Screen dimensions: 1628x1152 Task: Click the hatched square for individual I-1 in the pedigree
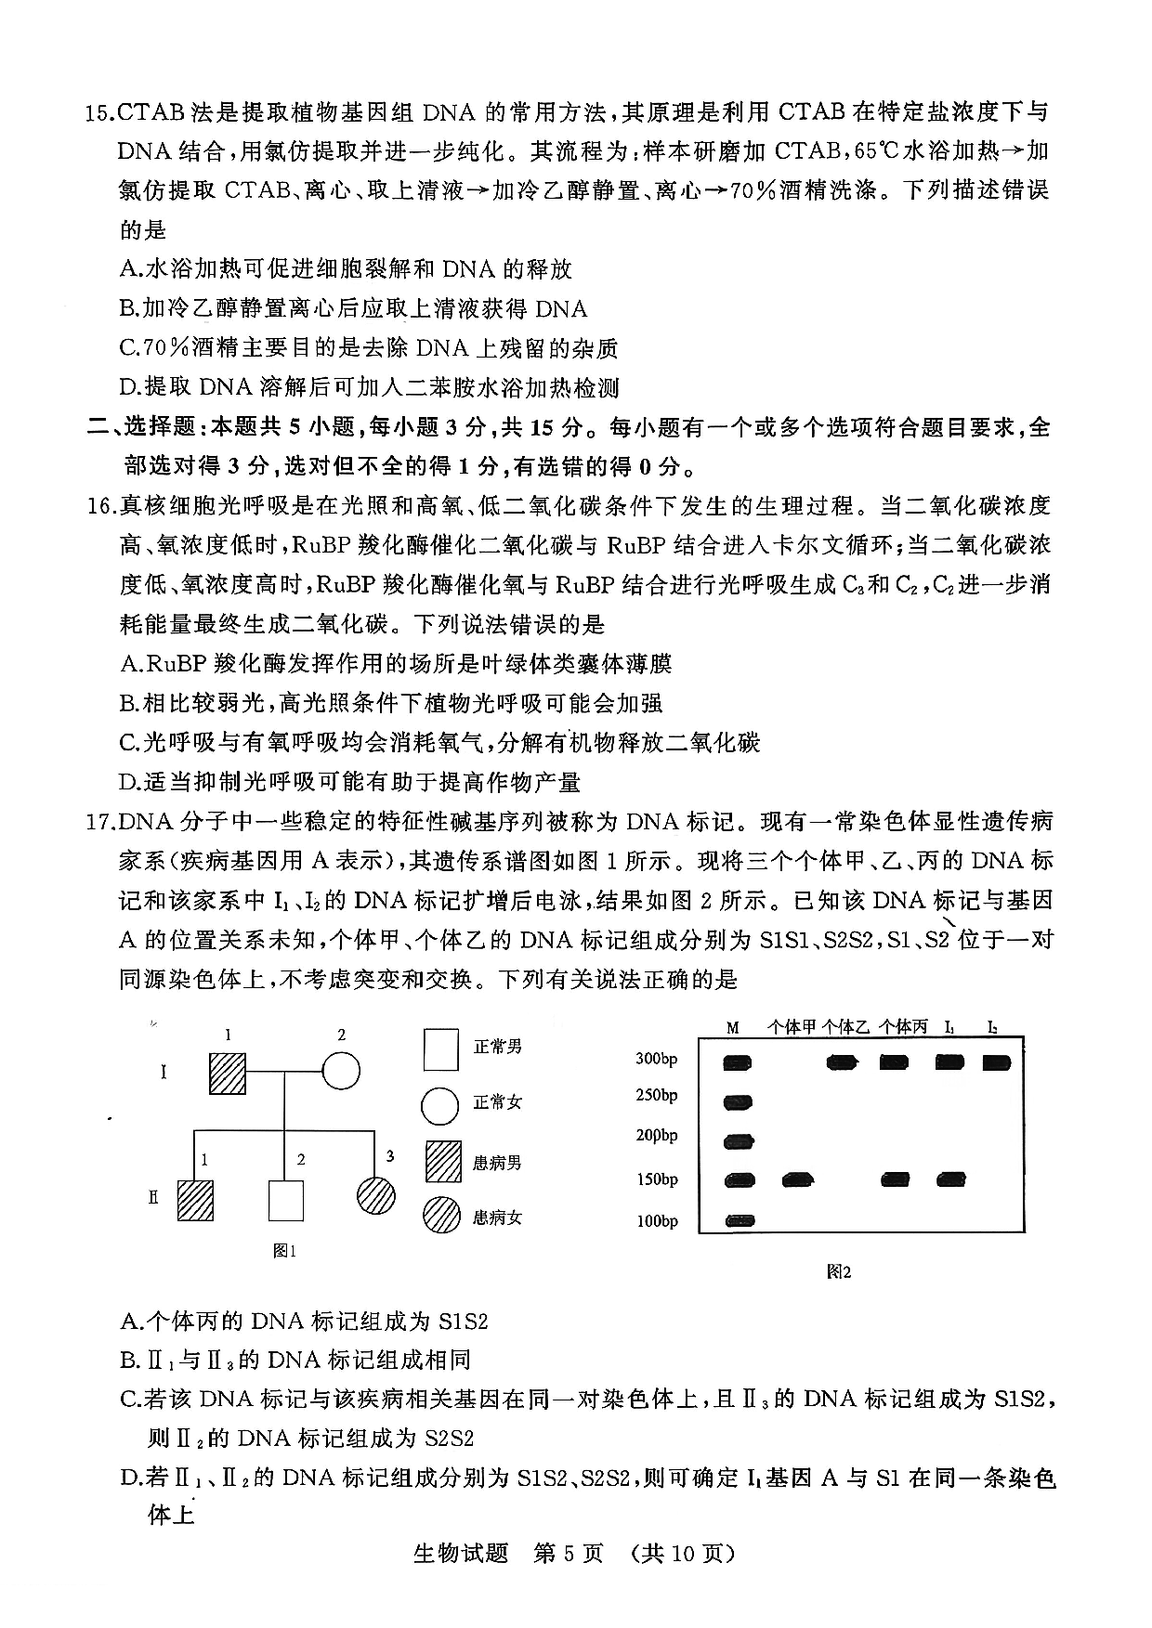click(x=228, y=1072)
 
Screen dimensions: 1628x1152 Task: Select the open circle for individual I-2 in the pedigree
click(x=340, y=1072)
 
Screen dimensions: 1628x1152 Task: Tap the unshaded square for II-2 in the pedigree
click(x=285, y=1200)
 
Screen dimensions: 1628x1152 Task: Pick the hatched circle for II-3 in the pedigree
click(x=377, y=1194)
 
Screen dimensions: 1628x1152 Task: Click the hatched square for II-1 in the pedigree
click(x=195, y=1200)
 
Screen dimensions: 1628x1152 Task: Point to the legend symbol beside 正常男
click(x=440, y=1048)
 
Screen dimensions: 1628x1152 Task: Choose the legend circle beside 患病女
click(x=440, y=1216)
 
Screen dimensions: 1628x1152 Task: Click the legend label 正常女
click(x=497, y=1102)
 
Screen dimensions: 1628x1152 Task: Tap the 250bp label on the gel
click(x=656, y=1096)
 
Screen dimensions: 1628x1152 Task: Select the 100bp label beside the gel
click(x=656, y=1221)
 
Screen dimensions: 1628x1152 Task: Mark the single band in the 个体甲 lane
click(x=798, y=1180)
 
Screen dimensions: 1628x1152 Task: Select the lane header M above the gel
click(x=733, y=1027)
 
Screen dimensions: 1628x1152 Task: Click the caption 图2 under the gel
click(x=838, y=1272)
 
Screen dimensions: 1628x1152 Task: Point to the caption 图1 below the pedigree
click(x=284, y=1251)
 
